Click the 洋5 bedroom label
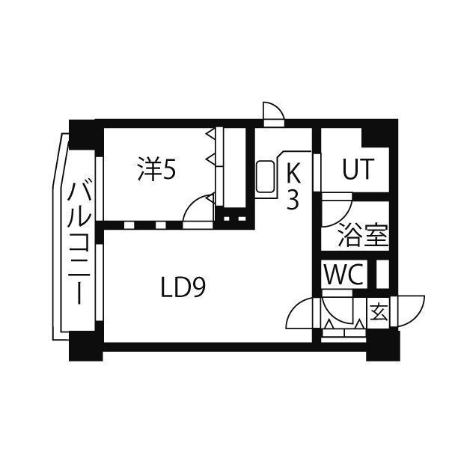click(156, 171)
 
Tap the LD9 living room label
click(183, 287)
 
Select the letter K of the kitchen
click(293, 174)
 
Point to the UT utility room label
click(356, 171)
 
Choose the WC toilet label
click(343, 274)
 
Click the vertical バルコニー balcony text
click(79, 243)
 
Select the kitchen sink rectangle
click(266, 180)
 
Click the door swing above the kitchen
click(273, 112)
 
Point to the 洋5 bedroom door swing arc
click(198, 207)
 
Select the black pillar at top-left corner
click(84, 134)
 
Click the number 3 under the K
click(293, 200)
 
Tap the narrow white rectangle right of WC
click(382, 273)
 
